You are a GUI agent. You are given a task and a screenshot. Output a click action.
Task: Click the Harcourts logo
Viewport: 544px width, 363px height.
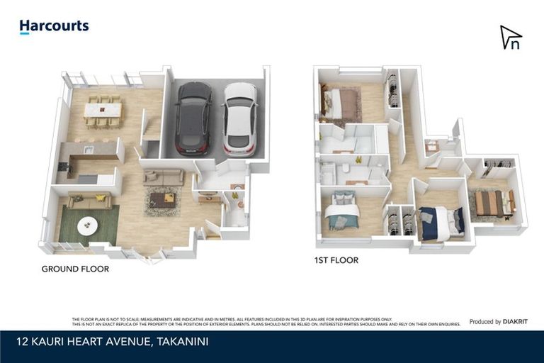(54, 26)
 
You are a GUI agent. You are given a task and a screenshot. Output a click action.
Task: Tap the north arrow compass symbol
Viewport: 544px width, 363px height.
(511, 38)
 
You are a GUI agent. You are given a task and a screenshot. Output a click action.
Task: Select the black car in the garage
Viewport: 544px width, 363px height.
(193, 118)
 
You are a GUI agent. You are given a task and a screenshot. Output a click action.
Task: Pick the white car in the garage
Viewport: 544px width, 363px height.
(240, 118)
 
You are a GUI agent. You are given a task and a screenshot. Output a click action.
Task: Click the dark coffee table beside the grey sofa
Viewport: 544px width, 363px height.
(162, 200)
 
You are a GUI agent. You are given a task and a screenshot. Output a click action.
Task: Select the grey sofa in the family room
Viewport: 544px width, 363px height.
(164, 177)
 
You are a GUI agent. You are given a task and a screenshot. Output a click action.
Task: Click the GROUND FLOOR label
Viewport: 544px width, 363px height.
(75, 269)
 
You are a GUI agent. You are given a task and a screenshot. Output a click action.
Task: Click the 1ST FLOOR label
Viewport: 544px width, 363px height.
(336, 260)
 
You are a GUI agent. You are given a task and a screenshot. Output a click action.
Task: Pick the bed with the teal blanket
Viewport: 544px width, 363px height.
(342, 211)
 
